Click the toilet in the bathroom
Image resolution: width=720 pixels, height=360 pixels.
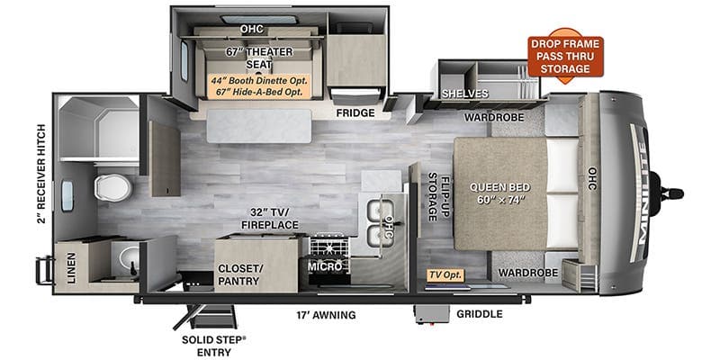pyautogui.click(x=113, y=187)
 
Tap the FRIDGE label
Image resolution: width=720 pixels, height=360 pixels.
pyautogui.click(x=355, y=113)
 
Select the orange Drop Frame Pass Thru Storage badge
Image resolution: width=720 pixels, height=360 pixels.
pyautogui.click(x=565, y=54)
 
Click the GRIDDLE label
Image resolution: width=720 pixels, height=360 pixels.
pyautogui.click(x=480, y=315)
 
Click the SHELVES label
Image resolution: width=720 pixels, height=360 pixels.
pyautogui.click(x=463, y=94)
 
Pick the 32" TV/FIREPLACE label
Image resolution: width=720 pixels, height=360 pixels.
pyautogui.click(x=262, y=218)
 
